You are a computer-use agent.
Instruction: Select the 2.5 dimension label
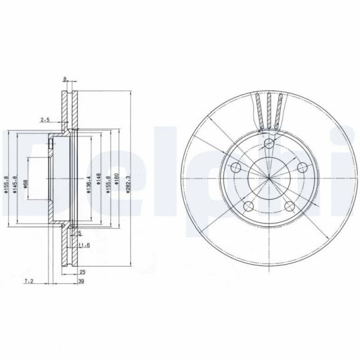click(x=45, y=120)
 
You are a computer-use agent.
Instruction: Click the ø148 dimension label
click(x=98, y=180)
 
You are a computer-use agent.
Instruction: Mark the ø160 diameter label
click(x=117, y=180)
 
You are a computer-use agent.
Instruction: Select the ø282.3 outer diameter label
click(x=127, y=180)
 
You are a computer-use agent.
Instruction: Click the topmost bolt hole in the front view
click(x=270, y=143)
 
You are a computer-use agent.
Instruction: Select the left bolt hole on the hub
click(x=236, y=168)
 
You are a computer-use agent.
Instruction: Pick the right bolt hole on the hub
click(x=302, y=168)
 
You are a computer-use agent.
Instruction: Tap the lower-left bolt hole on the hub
click(x=250, y=207)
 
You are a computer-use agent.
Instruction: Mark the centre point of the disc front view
click(x=270, y=178)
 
